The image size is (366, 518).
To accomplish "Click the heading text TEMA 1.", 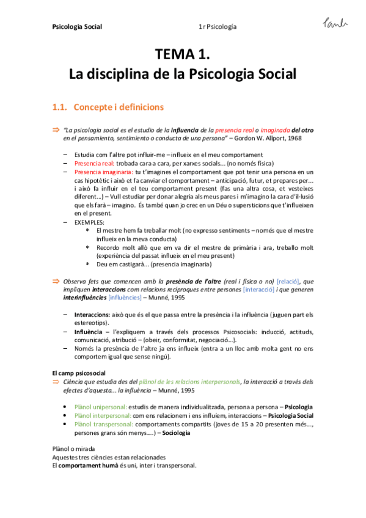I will [183, 56].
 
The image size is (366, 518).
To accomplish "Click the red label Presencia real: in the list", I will [90, 164].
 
